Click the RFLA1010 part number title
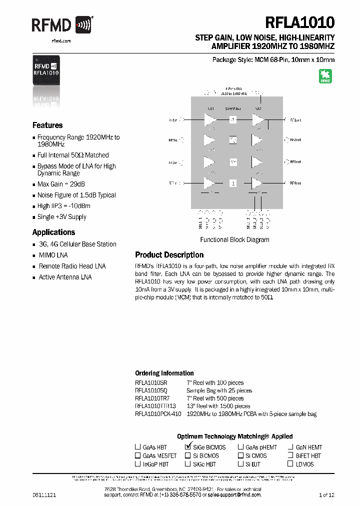(300, 22)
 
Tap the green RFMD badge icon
(325, 76)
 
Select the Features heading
(47, 125)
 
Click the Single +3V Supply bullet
(61, 217)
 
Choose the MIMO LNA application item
(53, 255)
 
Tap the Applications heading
(53, 232)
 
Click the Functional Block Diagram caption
(234, 239)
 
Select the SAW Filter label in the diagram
(233, 108)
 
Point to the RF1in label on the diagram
(173, 120)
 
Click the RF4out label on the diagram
(295, 183)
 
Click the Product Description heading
(169, 254)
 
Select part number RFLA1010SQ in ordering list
(151, 390)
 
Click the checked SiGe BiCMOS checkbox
(188, 447)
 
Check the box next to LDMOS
(290, 464)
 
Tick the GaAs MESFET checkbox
(137, 455)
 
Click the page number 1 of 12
(326, 495)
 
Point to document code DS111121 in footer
(44, 495)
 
